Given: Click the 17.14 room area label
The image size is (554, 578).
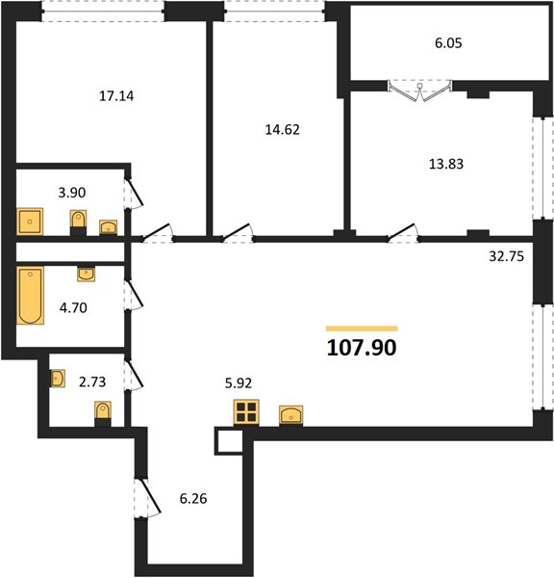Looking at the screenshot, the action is point(116,96).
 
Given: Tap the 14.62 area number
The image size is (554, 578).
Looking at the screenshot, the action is point(283,130).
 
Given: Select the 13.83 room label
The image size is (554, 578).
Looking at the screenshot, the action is point(446,164).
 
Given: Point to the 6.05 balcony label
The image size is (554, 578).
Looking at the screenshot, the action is point(448,43).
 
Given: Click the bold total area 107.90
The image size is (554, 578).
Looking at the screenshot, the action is point(362,347).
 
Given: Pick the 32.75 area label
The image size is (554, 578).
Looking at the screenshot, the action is point(506,256).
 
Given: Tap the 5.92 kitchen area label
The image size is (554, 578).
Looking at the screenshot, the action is point(239,383).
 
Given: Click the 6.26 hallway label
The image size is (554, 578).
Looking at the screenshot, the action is point(193,499).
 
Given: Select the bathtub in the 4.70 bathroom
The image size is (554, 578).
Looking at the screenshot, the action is point(30,296).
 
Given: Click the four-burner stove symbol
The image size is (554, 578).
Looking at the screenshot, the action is point(246,412).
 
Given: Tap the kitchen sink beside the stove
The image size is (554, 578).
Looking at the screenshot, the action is point(291,415).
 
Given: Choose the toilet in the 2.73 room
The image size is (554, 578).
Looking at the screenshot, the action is point(103,413).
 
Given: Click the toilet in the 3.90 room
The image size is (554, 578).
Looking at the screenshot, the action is point(79,223).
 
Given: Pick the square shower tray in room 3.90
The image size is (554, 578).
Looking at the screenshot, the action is point(30,222).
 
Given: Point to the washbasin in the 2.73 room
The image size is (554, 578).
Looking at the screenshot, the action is point(58,379).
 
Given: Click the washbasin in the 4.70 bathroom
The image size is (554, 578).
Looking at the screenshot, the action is point(87,275).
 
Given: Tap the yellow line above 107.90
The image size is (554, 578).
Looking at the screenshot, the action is point(362,328).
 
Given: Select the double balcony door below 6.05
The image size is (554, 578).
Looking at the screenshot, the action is point(419,91).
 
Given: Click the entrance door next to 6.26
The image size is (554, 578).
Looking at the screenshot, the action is point(147,498).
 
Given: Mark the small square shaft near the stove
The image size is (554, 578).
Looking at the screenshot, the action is point(229,441).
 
